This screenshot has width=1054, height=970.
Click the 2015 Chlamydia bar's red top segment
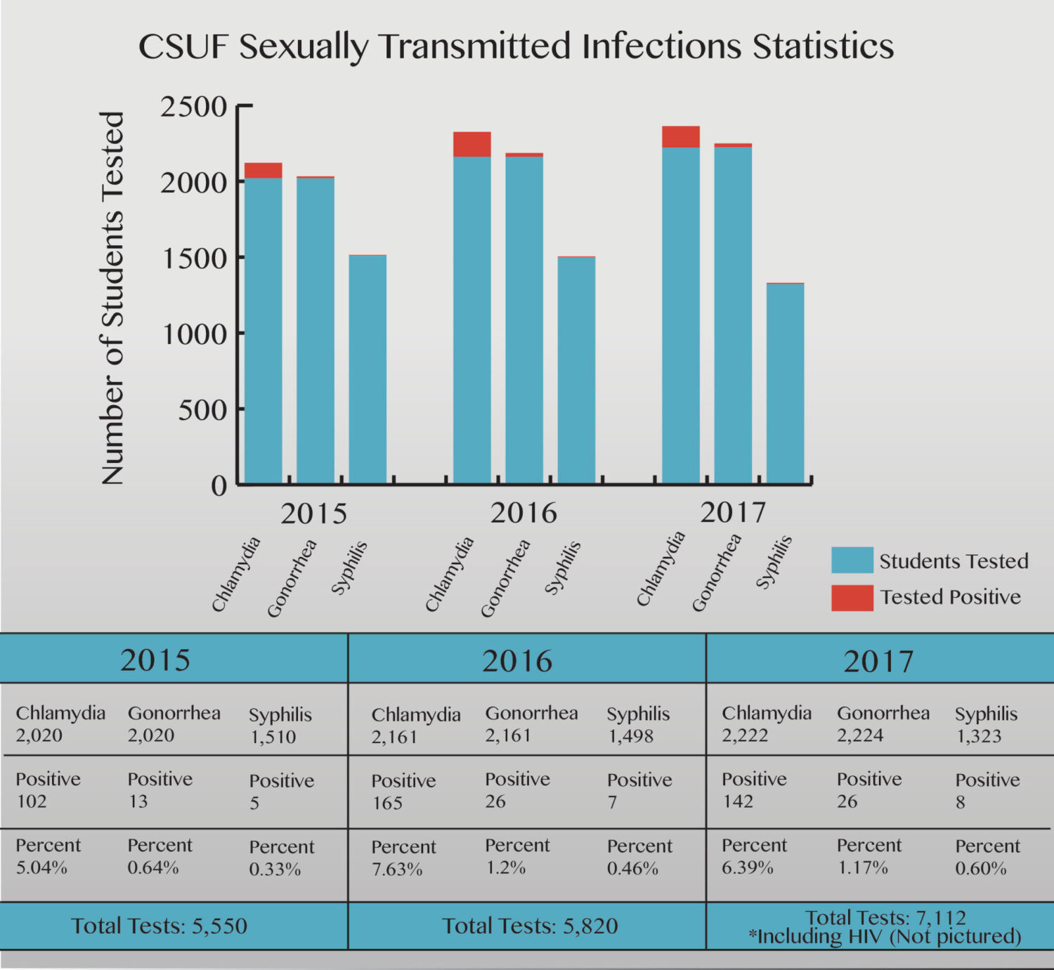pos(263,170)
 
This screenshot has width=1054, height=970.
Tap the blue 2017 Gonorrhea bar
pos(733,316)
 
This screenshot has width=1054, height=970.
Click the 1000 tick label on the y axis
pos(195,334)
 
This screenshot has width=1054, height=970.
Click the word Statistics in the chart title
pos(823,46)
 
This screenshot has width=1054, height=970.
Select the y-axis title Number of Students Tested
pos(112,298)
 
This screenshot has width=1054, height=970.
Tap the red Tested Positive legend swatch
pos(852,598)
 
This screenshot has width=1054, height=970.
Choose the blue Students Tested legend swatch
pos(852,561)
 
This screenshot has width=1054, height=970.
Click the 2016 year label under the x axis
pos(523,513)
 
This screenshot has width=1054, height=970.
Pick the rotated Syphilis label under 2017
pos(774,562)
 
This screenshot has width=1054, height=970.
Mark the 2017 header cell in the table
pos(878,661)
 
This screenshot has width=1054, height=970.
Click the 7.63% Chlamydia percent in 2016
pos(397,870)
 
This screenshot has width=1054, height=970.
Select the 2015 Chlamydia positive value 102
pos(32,801)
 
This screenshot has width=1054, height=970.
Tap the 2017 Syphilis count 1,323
pos(978,736)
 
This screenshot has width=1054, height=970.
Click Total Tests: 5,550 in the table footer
pos(160,926)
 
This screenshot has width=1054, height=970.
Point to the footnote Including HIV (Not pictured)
pos(885,937)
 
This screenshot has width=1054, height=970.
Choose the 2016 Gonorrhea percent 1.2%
pos(505,868)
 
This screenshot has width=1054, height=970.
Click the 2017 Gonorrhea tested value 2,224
pos(860,735)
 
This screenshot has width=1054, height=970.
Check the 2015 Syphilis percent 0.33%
pos(275,870)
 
